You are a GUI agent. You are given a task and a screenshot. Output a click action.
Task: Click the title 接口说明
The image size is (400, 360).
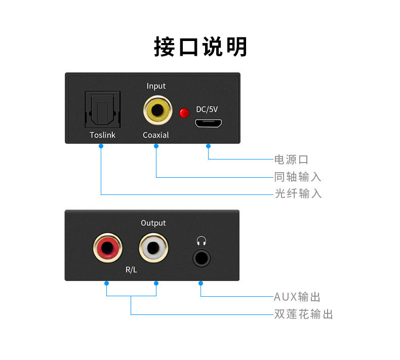coord(200,47)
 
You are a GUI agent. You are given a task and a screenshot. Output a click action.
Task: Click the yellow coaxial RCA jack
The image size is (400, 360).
coord(156,110)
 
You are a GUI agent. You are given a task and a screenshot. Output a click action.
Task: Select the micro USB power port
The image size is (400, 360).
coord(209,123)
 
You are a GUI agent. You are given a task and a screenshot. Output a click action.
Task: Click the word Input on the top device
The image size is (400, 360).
coord(156,86)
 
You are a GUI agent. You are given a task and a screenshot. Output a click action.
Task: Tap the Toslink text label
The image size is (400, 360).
coord(102,135)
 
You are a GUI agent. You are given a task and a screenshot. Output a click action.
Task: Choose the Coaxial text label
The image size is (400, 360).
coord(156,135)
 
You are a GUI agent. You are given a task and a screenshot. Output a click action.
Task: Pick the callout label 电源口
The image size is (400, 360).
coord(291,160)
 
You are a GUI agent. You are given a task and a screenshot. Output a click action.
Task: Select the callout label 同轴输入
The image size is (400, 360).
coord(298,177)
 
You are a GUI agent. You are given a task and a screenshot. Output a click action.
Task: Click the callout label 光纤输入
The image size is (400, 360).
coord(298,193)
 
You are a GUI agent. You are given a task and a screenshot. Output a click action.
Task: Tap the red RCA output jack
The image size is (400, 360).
coord(107,248)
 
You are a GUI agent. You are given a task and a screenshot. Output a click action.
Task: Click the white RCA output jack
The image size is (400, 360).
coord(153,248)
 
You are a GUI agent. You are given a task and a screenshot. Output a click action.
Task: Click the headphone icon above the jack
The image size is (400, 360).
coord(202,241)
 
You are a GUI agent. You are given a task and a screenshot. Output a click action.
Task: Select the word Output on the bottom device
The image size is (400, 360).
coord(153,223)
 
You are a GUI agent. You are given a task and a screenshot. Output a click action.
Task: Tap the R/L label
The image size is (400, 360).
coord(131,270)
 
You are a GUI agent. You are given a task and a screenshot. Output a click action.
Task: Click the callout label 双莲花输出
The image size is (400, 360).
coord(303,314)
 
